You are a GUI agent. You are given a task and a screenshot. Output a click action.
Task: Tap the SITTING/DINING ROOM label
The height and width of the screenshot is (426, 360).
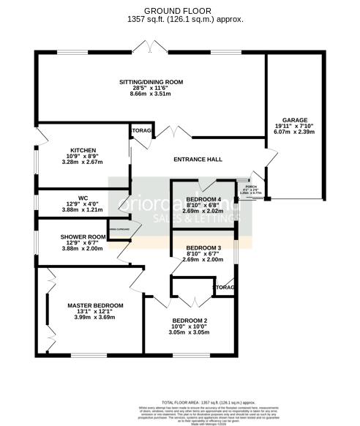[151, 82]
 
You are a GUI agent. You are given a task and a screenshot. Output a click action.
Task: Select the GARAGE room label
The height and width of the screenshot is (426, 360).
[296, 120]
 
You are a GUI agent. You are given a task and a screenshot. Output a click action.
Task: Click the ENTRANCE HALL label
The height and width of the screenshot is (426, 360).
[198, 160]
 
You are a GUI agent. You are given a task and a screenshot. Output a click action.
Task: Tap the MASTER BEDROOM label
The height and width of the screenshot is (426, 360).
[95, 304]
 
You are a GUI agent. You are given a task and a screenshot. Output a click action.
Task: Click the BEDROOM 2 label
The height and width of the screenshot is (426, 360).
[190, 321]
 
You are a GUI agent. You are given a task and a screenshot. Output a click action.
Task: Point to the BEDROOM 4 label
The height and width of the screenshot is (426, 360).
[203, 199]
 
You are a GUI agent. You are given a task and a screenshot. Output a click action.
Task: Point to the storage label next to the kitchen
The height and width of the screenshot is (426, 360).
[140, 131]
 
